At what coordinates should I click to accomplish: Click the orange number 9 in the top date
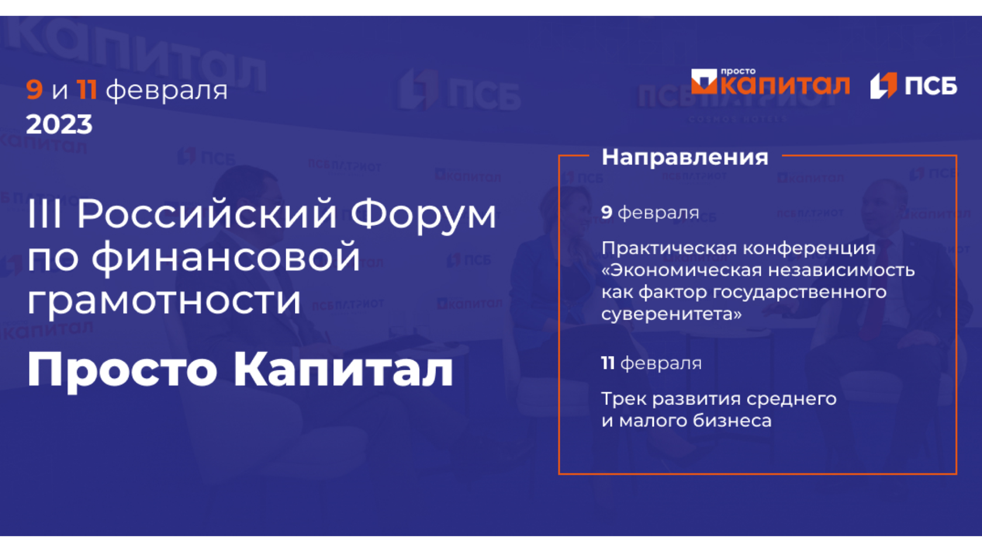tap(34, 89)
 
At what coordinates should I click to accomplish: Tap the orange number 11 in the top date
tap(87, 89)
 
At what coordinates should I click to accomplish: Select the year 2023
tap(59, 124)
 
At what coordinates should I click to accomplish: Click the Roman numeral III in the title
tap(44, 214)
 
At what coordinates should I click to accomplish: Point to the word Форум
tap(423, 216)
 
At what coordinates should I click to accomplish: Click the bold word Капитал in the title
tap(343, 369)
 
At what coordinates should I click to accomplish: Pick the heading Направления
tap(685, 157)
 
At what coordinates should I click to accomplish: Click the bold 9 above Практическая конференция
tap(607, 212)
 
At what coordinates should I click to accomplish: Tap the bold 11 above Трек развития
tap(608, 363)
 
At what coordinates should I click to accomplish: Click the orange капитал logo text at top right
tap(785, 85)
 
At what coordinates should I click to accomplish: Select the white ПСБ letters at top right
tap(931, 86)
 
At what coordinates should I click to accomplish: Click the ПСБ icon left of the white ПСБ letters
tap(883, 86)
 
